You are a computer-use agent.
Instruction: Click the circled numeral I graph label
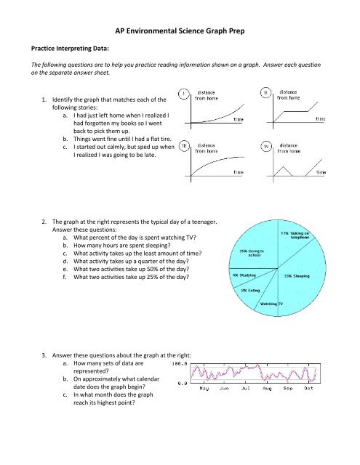pos(185,92)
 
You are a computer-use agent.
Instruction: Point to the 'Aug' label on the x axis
pos(267,388)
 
